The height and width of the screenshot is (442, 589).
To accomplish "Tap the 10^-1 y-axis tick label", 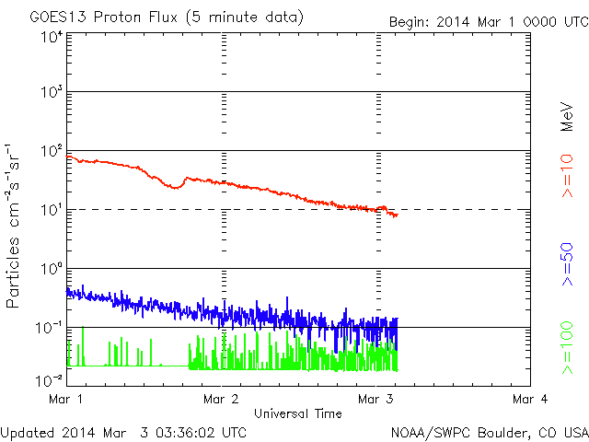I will (x=50, y=327).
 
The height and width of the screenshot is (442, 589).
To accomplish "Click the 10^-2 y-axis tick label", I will (x=50, y=379).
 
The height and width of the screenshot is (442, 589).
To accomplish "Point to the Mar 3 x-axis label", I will (x=377, y=399).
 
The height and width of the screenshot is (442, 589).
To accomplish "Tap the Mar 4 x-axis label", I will (x=531, y=399).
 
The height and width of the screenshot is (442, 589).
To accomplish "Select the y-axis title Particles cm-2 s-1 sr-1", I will (x=14, y=226).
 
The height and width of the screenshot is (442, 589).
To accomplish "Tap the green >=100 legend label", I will (x=568, y=348).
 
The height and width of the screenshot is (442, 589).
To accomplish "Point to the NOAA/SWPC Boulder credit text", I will (x=488, y=431).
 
